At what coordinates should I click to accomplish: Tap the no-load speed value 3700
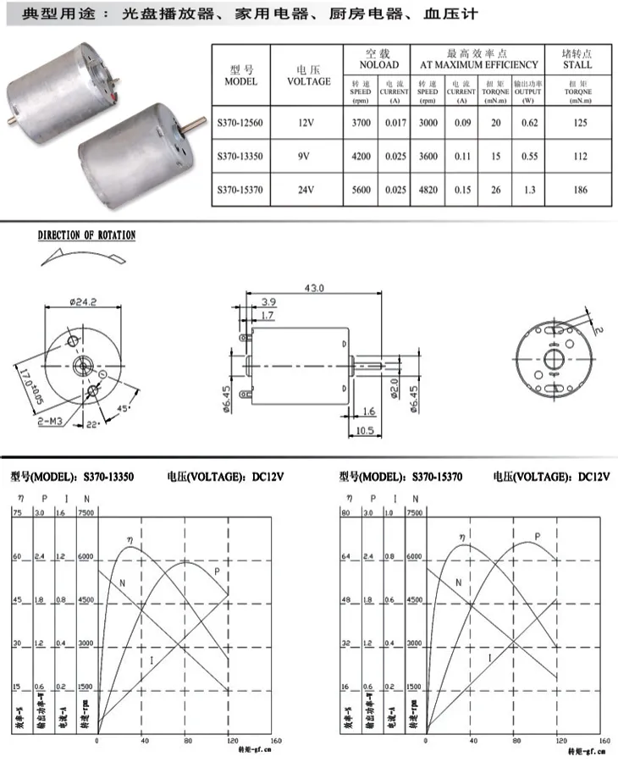[x=361, y=123]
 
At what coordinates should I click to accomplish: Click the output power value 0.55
[x=529, y=157]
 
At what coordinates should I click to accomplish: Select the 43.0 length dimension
[x=314, y=289]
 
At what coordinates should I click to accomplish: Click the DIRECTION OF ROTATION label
[x=86, y=235]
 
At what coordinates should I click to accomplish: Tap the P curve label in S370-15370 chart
[x=537, y=537]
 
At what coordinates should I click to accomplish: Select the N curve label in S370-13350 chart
[x=123, y=583]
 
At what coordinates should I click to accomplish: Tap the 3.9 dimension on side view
[x=268, y=301]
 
